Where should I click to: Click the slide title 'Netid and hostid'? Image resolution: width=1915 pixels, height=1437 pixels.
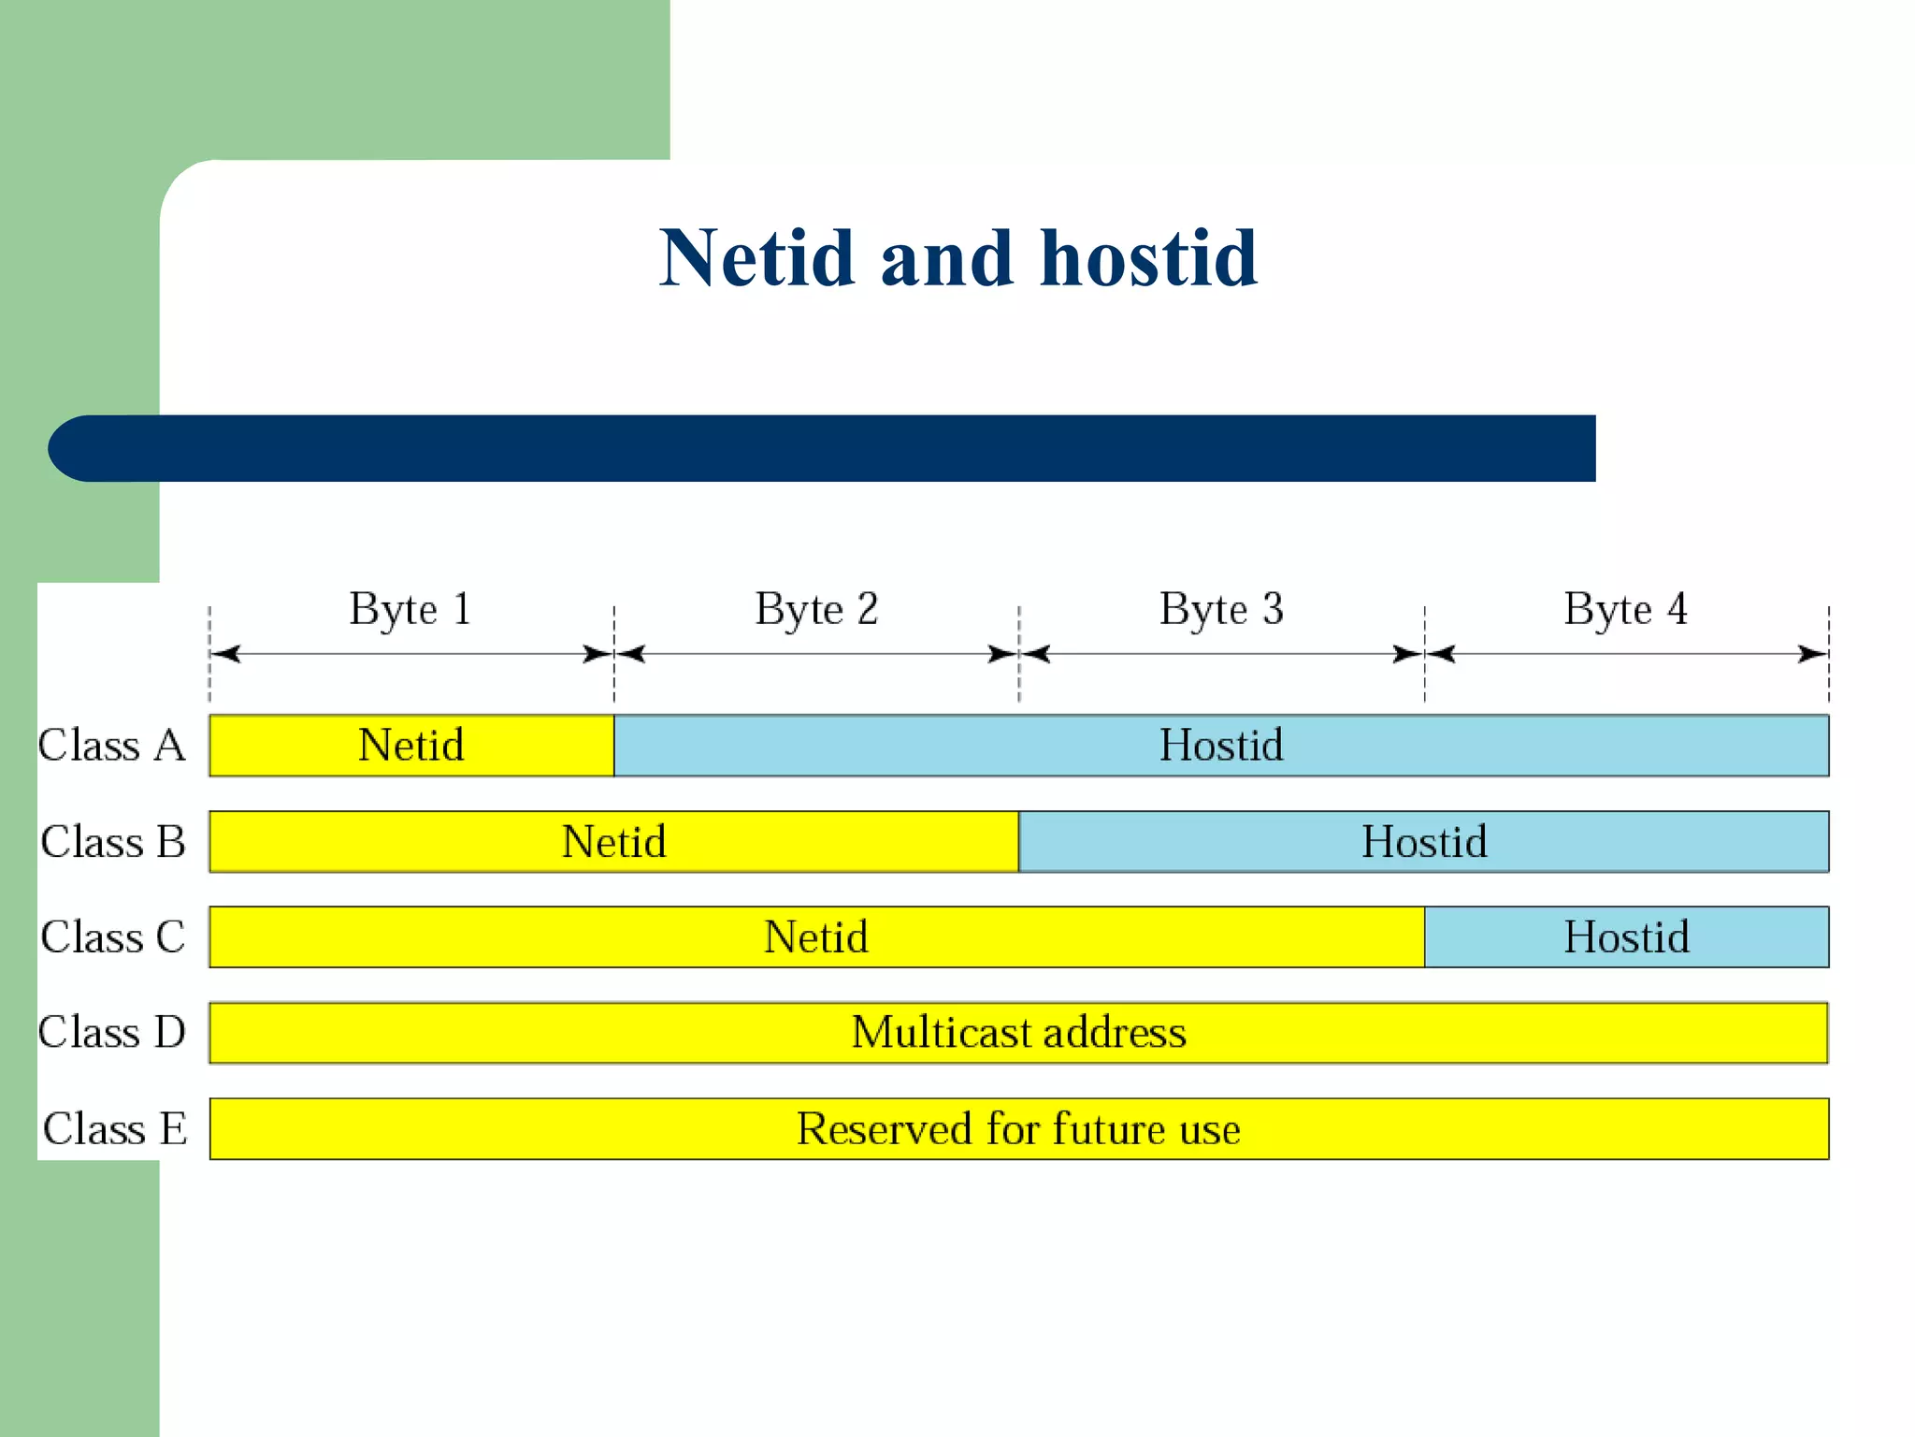(x=958, y=258)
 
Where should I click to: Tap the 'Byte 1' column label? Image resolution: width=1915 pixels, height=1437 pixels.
(x=410, y=609)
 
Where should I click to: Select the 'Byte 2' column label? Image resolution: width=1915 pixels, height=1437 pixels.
(x=816, y=609)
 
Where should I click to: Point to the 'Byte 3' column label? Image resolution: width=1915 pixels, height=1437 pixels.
(x=1221, y=609)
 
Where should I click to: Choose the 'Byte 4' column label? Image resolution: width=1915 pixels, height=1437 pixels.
(x=1625, y=609)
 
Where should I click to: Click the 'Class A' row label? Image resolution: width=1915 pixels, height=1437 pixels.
(x=112, y=746)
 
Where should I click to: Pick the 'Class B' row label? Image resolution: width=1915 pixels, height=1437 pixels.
(x=113, y=841)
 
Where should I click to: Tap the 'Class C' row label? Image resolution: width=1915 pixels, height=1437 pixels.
(x=113, y=936)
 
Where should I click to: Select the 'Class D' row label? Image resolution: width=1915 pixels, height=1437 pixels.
(x=112, y=1032)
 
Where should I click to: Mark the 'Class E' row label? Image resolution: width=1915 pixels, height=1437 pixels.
(x=115, y=1128)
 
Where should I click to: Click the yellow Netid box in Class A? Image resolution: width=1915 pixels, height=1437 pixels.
(x=411, y=746)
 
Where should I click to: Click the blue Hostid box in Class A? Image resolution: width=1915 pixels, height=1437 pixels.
(x=1221, y=746)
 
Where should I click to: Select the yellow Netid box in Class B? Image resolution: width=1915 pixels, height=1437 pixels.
(x=613, y=841)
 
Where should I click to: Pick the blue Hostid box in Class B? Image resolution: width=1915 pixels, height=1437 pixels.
(x=1423, y=841)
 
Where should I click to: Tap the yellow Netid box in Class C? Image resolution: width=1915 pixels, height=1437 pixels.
(x=816, y=936)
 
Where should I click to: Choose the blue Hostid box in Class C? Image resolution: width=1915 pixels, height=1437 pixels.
(x=1626, y=936)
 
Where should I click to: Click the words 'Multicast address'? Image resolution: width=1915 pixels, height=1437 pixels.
(x=1018, y=1033)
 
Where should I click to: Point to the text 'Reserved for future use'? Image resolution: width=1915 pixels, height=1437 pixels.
(x=1018, y=1128)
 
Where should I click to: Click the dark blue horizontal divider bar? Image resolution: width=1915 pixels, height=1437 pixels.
(x=823, y=448)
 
